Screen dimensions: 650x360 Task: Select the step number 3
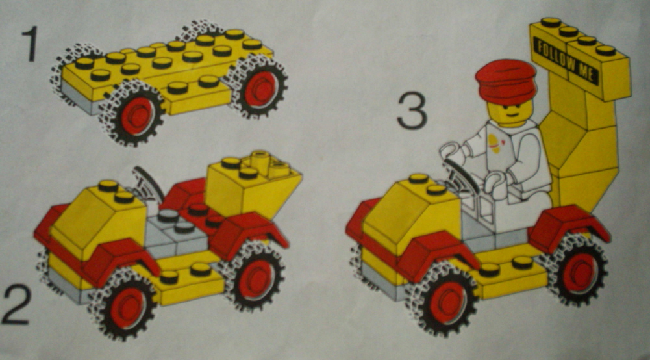click(412, 110)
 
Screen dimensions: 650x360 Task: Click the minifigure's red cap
click(506, 81)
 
